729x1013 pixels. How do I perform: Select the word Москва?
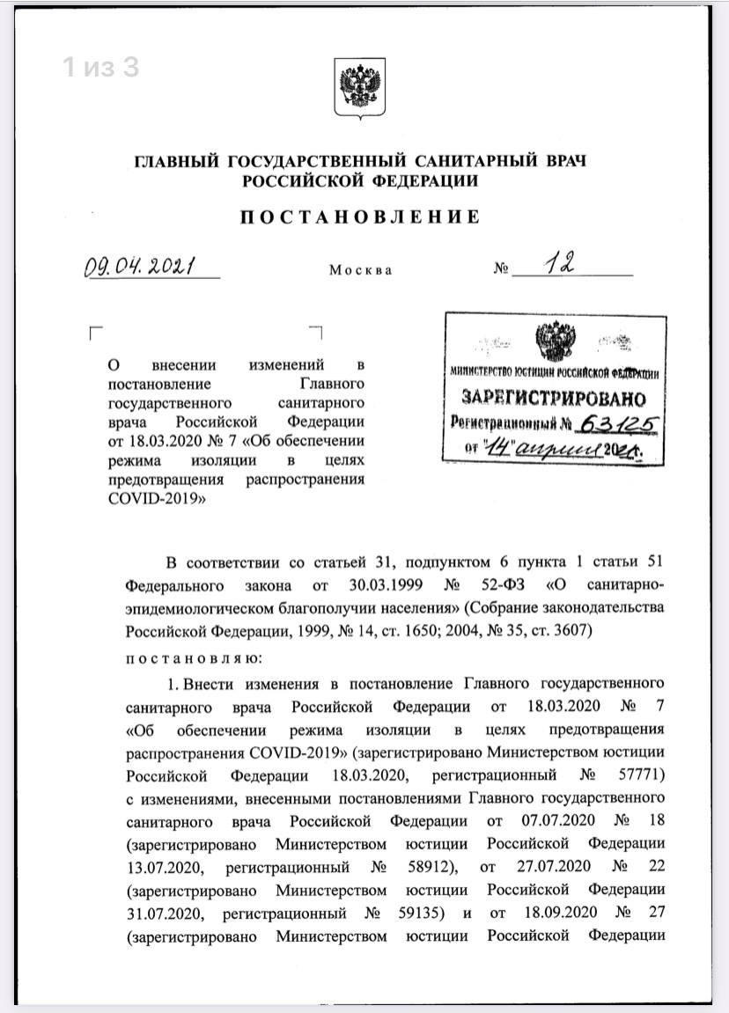(x=360, y=270)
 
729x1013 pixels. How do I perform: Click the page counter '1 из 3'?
(x=100, y=67)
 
